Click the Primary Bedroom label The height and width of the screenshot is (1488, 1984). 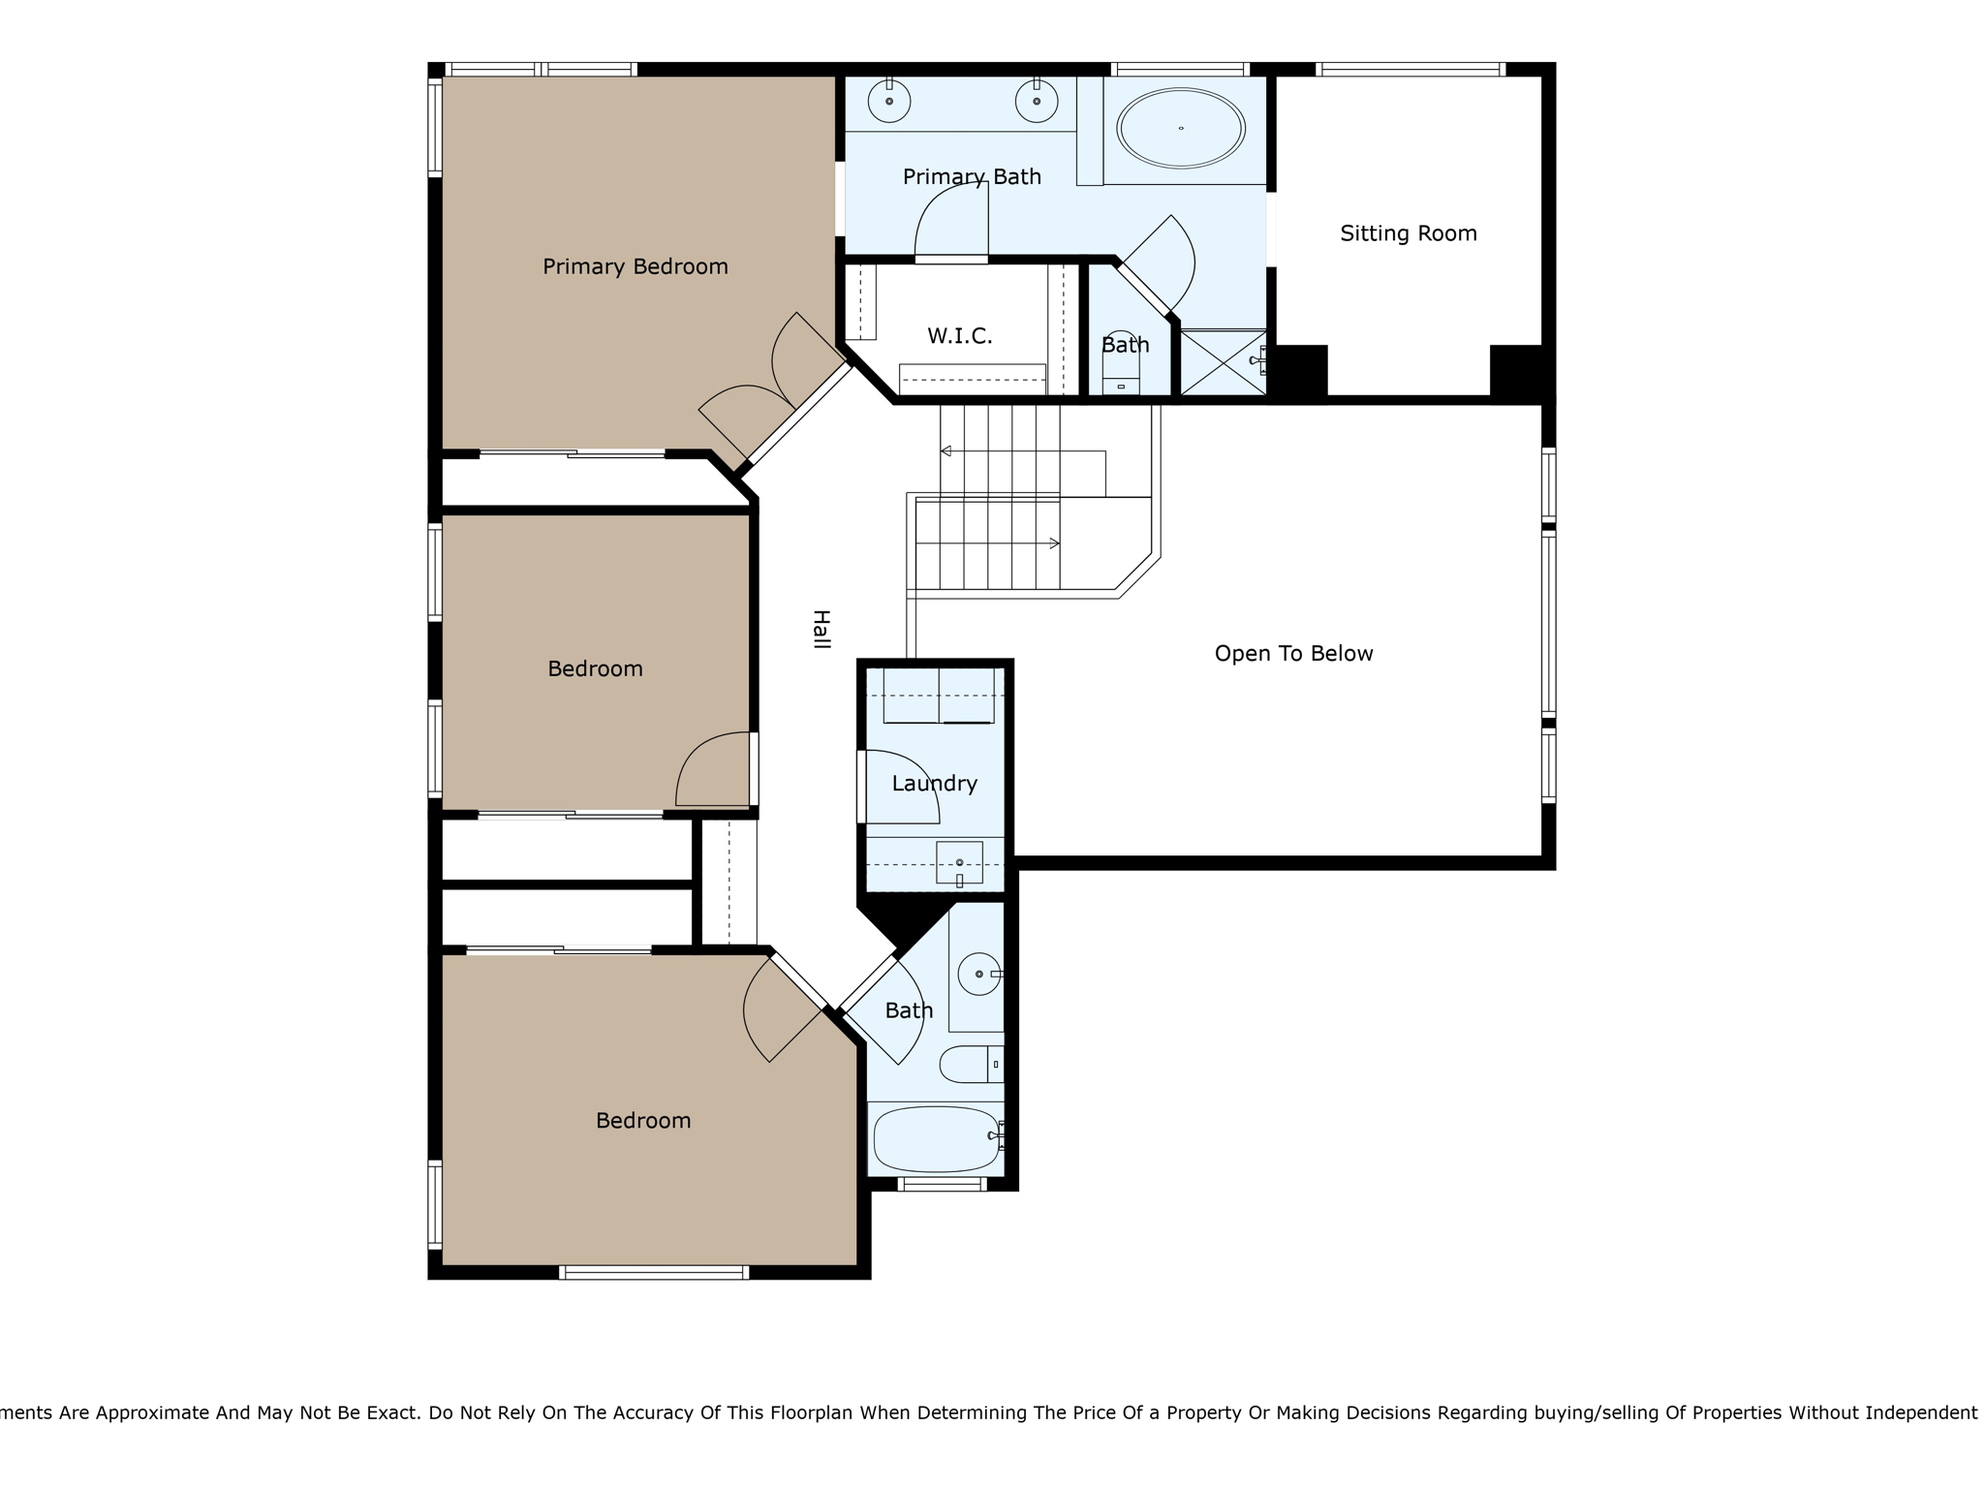(635, 266)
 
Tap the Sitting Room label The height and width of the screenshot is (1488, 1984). (1408, 233)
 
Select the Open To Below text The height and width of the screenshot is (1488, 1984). (1293, 654)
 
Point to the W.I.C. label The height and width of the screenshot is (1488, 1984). (959, 336)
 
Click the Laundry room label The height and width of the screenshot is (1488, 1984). (934, 784)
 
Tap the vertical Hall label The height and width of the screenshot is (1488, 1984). (821, 629)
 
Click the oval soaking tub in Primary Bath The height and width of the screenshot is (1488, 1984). (1180, 128)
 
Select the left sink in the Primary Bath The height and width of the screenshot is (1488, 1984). (888, 101)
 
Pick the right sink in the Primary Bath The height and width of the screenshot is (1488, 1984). (1037, 101)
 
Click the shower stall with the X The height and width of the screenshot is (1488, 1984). (1224, 363)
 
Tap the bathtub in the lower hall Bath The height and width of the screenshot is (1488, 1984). (936, 1139)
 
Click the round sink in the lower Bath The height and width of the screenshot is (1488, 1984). (978, 974)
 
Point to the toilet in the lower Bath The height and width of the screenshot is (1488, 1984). (972, 1064)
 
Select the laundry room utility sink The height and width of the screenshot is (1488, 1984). (959, 862)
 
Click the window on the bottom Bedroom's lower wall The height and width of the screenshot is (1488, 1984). (654, 1272)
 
